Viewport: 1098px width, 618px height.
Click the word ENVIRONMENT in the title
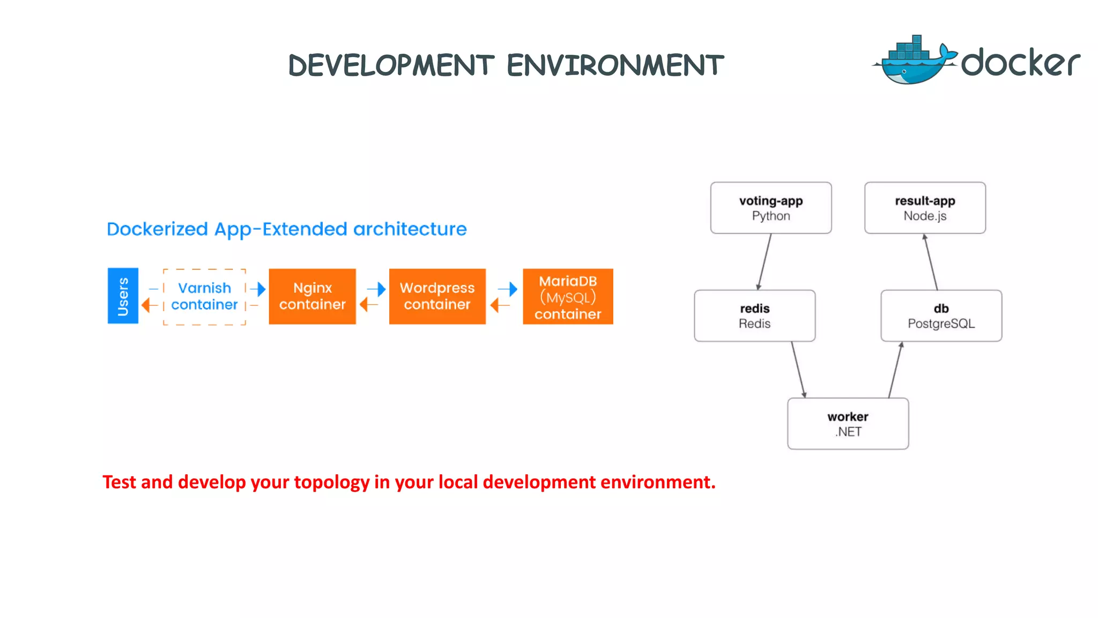pyautogui.click(x=615, y=65)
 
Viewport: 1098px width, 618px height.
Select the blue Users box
pyautogui.click(x=123, y=296)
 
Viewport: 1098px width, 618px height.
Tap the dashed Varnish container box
pyautogui.click(x=204, y=297)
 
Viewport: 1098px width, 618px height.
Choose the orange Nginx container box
pyautogui.click(x=312, y=296)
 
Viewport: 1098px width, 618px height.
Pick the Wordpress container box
pyautogui.click(x=437, y=296)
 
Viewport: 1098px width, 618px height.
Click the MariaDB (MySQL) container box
pyautogui.click(x=568, y=297)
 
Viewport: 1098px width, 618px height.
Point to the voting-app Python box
pyautogui.click(x=770, y=208)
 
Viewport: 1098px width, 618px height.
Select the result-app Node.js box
pyautogui.click(x=925, y=208)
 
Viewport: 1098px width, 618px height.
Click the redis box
pyautogui.click(x=754, y=316)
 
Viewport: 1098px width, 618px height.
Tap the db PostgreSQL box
pyautogui.click(x=941, y=316)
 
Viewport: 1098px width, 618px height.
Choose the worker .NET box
pyautogui.click(x=848, y=424)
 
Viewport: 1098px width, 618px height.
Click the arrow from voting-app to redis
pyautogui.click(x=765, y=262)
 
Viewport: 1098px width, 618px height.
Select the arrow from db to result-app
pyautogui.click(x=931, y=262)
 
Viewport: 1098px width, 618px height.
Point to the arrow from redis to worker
pyautogui.click(x=798, y=370)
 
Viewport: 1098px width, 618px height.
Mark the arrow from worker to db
pyautogui.click(x=895, y=370)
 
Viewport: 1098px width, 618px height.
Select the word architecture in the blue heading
pyautogui.click(x=410, y=229)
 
